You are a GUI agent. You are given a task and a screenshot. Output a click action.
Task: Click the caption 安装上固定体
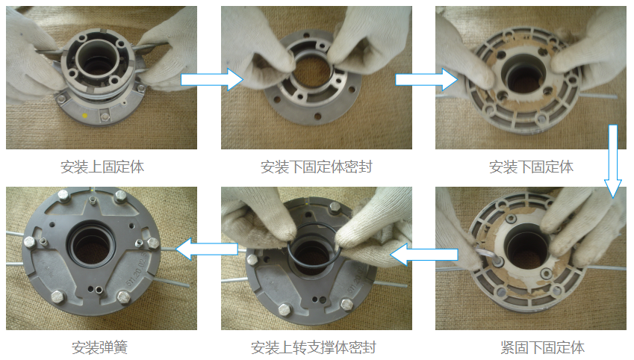[102, 167]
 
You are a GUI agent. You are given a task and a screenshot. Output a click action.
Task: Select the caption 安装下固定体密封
[316, 167]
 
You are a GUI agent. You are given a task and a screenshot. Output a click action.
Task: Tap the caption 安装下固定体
[531, 167]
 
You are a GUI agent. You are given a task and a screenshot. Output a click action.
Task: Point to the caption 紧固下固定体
[542, 347]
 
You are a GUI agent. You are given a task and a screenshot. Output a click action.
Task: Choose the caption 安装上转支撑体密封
[314, 347]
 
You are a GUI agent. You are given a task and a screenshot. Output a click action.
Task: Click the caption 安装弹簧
[99, 347]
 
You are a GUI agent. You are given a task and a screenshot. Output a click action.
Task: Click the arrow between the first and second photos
[212, 79]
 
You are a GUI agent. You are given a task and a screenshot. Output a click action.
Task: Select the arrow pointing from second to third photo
[426, 79]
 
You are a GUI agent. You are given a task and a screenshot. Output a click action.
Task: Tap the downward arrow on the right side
[613, 161]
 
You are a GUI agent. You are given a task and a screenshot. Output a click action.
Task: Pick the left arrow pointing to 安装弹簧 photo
[207, 249]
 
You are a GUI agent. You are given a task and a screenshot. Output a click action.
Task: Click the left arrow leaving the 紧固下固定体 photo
[423, 255]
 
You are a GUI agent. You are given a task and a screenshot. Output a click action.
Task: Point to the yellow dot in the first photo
[85, 116]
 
